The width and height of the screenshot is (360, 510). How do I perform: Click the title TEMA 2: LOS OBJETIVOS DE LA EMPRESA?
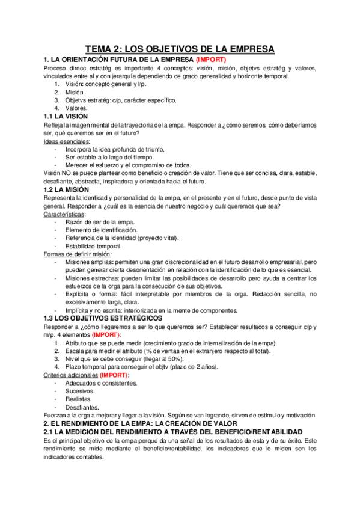pos(180,48)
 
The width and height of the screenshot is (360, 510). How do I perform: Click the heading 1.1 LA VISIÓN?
pos(66,116)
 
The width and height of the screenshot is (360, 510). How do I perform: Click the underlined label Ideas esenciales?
pos(67,141)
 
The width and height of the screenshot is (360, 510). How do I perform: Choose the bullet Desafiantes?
pos(82,407)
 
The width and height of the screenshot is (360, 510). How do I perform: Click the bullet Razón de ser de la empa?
pos(100,222)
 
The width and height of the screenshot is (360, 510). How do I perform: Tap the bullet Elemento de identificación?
pos(101,230)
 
